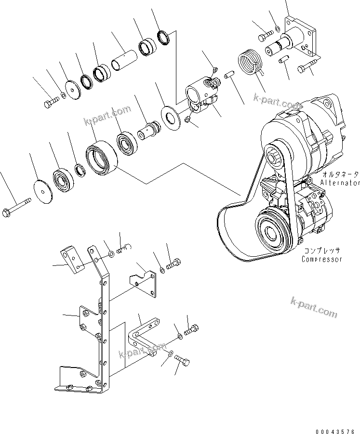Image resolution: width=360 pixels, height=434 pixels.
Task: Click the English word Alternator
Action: click(340, 183)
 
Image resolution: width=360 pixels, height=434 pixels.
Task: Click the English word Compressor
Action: click(322, 259)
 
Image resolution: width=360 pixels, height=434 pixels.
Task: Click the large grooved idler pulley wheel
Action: click(102, 157)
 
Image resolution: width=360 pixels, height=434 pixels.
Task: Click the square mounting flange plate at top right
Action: click(302, 39)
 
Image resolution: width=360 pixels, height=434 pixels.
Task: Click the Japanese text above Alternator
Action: click(341, 174)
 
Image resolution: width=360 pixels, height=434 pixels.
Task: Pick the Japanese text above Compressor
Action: click(322, 251)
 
